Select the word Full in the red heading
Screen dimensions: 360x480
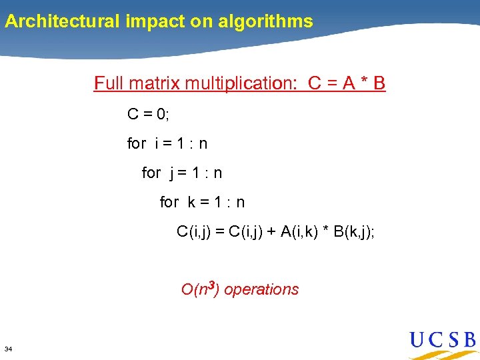[x=108, y=83]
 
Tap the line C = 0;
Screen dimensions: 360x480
[x=149, y=114]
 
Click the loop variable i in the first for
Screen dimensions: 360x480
[x=157, y=143]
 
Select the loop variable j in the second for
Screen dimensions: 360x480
[x=172, y=173]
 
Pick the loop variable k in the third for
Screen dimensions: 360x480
[x=191, y=202]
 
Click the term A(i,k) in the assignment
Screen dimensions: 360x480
[x=304, y=232]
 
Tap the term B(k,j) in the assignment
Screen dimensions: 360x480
[x=351, y=232]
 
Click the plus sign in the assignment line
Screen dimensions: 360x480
[x=271, y=232]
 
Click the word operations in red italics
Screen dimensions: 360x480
[x=261, y=289]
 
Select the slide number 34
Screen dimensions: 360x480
[x=8, y=349]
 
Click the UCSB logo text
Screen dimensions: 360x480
[x=442, y=341]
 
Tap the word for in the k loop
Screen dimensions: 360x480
[x=169, y=202]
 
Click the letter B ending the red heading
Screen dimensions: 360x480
[x=379, y=83]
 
